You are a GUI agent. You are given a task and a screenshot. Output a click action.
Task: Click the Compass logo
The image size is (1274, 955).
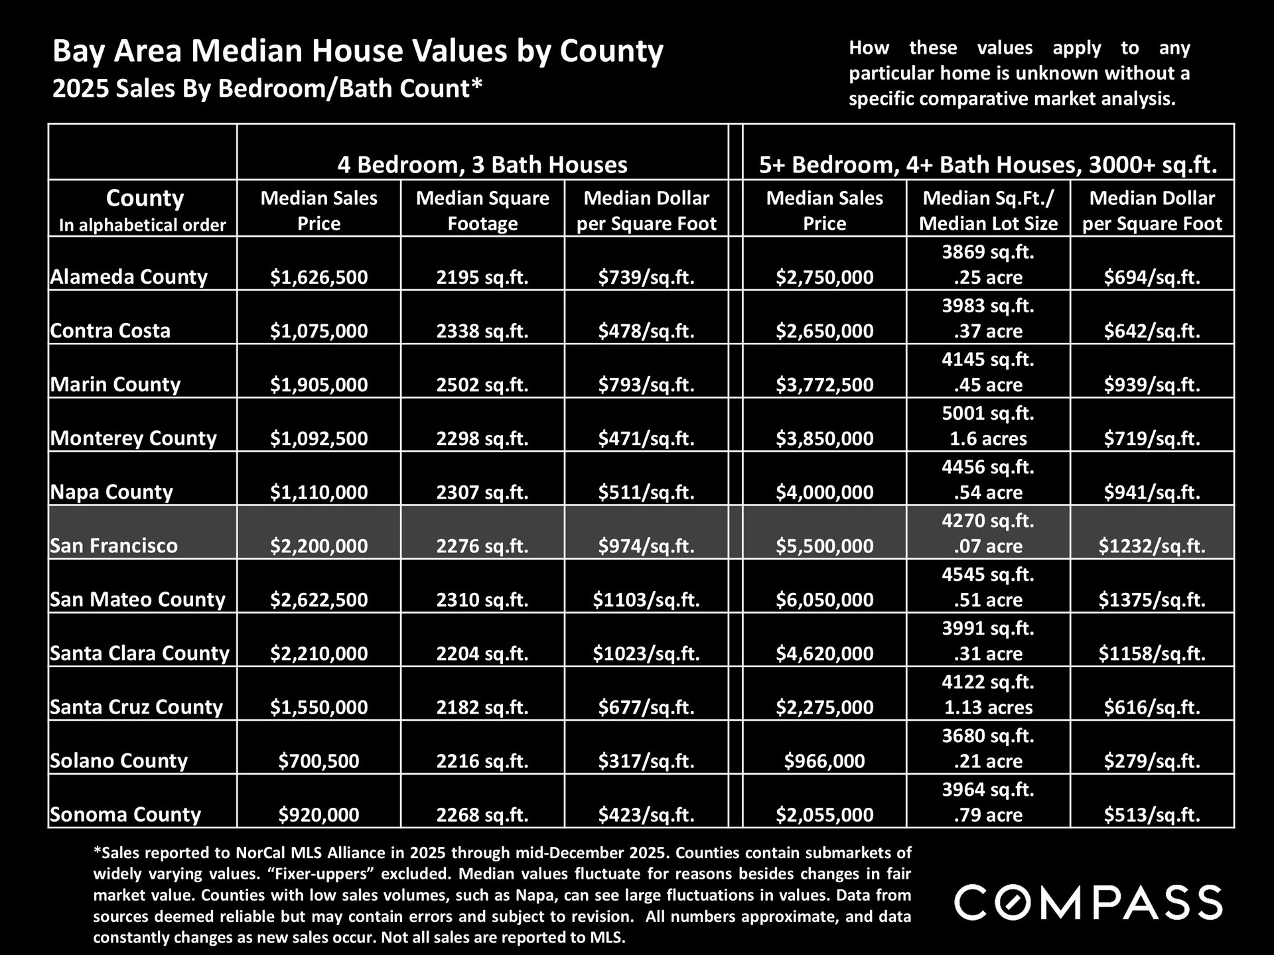click(1088, 902)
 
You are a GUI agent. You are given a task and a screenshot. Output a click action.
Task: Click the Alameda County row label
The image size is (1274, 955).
click(129, 277)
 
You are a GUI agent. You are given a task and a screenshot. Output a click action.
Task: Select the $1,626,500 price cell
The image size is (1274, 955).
click(318, 277)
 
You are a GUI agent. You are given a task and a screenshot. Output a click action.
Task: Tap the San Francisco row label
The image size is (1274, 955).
click(114, 546)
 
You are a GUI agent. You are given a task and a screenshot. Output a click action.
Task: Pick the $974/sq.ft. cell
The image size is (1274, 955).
click(646, 546)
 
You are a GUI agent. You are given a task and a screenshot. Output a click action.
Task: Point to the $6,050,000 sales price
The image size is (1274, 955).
click(825, 600)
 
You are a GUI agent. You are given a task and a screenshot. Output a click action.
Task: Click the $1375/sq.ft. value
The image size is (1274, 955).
click(1152, 600)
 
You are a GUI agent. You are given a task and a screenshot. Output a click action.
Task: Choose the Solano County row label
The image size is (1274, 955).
click(119, 761)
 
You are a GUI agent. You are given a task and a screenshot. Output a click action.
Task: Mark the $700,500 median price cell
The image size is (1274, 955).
click(318, 761)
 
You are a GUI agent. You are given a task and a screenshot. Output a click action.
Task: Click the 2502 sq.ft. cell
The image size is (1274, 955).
click(482, 385)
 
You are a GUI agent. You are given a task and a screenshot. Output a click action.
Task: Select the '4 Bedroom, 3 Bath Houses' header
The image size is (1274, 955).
click(482, 164)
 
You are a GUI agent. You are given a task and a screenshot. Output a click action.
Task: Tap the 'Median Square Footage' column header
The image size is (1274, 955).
click(482, 210)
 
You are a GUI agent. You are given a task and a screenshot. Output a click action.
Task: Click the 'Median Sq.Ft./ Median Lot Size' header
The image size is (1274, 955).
click(988, 210)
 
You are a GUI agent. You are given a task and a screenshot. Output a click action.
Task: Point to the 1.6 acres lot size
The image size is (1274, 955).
click(988, 438)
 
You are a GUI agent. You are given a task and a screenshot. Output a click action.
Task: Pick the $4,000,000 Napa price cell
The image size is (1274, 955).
click(825, 492)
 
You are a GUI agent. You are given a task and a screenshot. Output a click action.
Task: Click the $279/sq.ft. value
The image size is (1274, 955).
click(1152, 761)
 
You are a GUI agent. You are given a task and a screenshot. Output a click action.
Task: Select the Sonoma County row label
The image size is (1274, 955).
click(125, 814)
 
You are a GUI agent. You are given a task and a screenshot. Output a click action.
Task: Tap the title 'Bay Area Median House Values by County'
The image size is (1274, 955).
click(358, 51)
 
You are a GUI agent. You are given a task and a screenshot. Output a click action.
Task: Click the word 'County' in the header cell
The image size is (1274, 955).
click(145, 198)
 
